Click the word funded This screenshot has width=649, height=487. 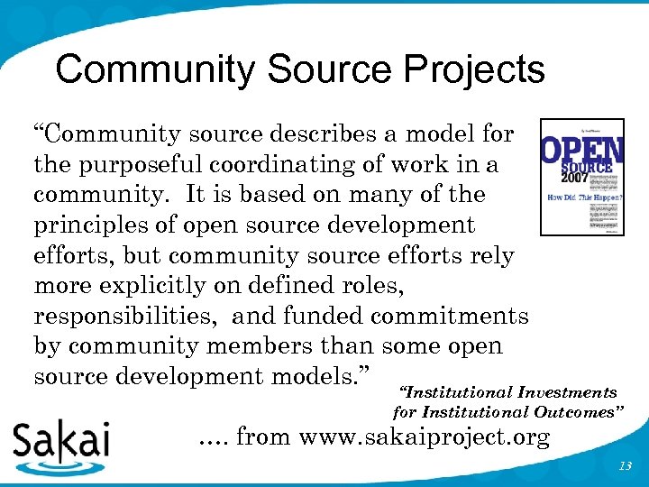(x=321, y=316)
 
